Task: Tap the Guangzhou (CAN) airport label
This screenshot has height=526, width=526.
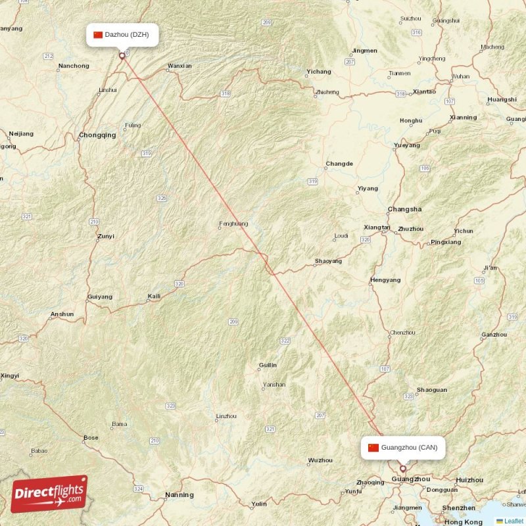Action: (403, 448)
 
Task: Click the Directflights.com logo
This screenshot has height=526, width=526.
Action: (49, 494)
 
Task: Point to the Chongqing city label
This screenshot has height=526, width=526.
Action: (97, 135)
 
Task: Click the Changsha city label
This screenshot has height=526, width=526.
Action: (404, 210)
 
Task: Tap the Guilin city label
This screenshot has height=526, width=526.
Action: (268, 366)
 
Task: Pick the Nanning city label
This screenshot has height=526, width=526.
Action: (179, 495)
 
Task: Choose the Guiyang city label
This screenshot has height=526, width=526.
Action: (99, 297)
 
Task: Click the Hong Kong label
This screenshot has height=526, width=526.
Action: (463, 522)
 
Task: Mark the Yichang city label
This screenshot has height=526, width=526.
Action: (319, 72)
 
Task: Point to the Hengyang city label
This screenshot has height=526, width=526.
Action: (385, 280)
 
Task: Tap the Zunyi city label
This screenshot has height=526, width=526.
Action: (105, 237)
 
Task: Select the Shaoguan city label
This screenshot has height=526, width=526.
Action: (432, 390)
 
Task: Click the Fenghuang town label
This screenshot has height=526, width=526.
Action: (233, 224)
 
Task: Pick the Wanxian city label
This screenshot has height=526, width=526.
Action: (179, 66)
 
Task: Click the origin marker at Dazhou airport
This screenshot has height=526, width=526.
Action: (122, 56)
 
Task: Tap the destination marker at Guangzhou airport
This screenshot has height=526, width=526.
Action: (403, 469)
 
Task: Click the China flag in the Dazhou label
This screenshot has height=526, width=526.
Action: (98, 35)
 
